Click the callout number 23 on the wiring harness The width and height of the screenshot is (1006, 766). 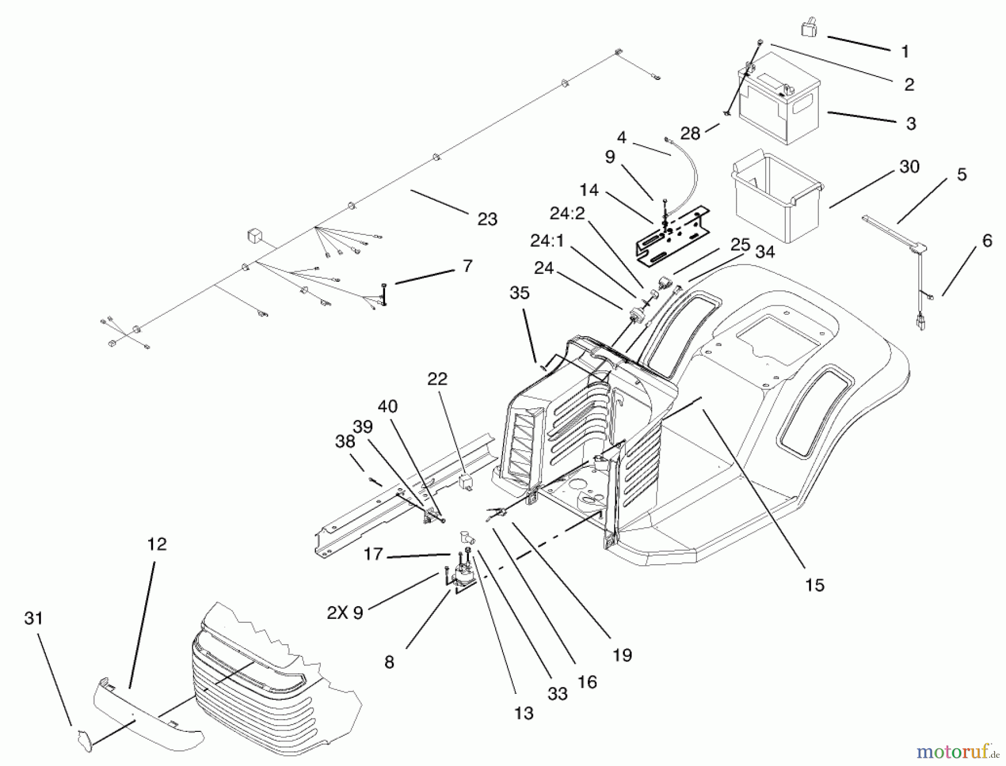click(487, 219)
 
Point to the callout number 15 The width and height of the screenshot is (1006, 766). click(814, 585)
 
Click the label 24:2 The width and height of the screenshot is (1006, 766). click(567, 214)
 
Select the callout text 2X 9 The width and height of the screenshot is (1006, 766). click(345, 613)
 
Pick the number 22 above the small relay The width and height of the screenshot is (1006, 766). click(437, 379)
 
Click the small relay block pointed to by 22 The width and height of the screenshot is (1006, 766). click(466, 481)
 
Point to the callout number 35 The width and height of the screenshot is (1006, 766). click(519, 293)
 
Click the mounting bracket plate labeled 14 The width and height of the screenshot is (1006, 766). click(673, 235)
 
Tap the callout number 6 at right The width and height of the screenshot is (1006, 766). click(987, 241)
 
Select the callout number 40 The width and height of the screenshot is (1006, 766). click(387, 406)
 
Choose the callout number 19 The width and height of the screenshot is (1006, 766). click(621, 654)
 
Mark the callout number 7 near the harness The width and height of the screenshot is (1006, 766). click(467, 266)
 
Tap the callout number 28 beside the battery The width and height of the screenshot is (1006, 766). click(690, 134)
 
